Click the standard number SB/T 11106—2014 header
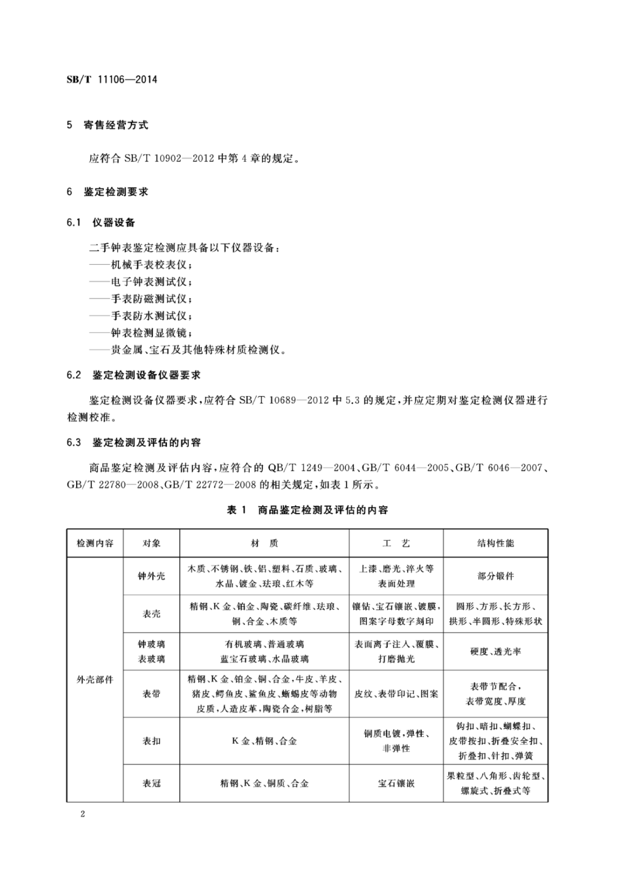pyautogui.click(x=112, y=80)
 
